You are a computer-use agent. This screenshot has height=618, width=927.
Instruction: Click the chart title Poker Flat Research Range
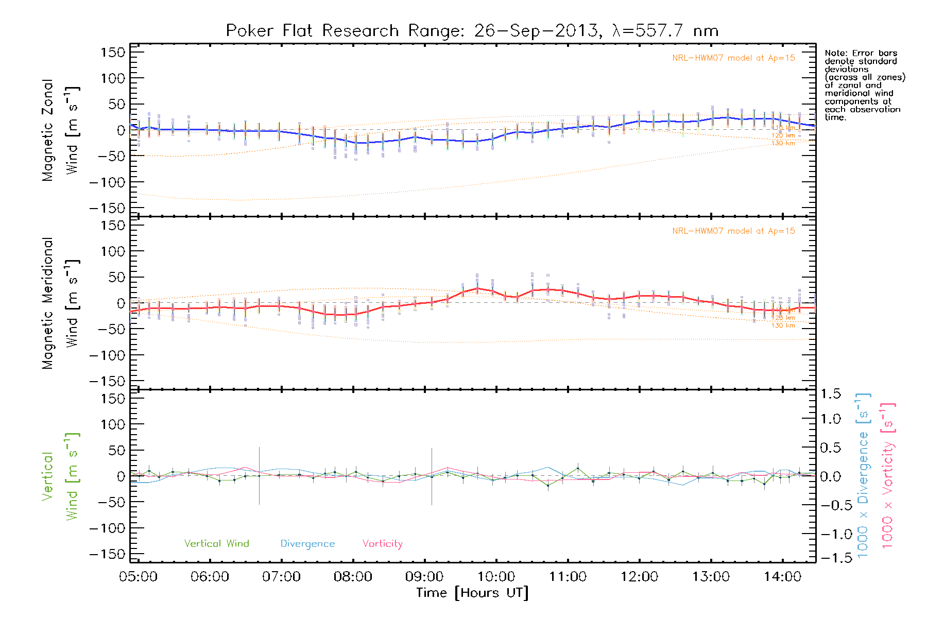click(312, 31)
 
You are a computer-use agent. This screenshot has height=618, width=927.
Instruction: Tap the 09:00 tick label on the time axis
click(424, 576)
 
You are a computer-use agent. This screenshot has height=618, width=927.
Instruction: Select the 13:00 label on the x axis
click(711, 576)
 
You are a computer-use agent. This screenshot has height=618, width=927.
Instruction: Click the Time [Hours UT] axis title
click(472, 593)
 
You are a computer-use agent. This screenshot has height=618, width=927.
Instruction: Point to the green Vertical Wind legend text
click(216, 543)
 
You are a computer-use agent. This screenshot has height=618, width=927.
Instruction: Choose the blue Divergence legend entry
click(307, 544)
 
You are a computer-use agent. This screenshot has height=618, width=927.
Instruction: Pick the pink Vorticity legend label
click(382, 543)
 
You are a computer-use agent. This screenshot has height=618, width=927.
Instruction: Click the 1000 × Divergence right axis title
click(863, 475)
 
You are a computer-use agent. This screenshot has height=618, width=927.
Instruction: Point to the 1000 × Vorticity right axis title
click(888, 475)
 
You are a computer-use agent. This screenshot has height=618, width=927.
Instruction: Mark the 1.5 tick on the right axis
click(830, 394)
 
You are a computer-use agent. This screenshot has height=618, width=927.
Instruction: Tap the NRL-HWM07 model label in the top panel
click(733, 58)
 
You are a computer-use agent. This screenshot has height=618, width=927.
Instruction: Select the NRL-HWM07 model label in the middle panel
click(733, 231)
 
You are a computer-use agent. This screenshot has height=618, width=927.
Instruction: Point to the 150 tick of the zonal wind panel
click(113, 52)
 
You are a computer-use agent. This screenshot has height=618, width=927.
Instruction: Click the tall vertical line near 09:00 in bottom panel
click(432, 476)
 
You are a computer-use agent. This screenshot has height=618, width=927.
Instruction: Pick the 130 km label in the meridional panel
click(783, 325)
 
